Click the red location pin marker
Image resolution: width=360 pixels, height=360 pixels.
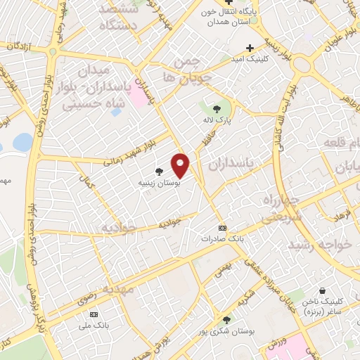click(x=181, y=165)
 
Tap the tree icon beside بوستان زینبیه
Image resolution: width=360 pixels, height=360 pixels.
click(x=160, y=172)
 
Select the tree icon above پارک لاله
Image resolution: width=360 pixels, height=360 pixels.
click(x=217, y=108)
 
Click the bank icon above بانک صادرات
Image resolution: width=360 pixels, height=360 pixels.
click(x=222, y=228)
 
